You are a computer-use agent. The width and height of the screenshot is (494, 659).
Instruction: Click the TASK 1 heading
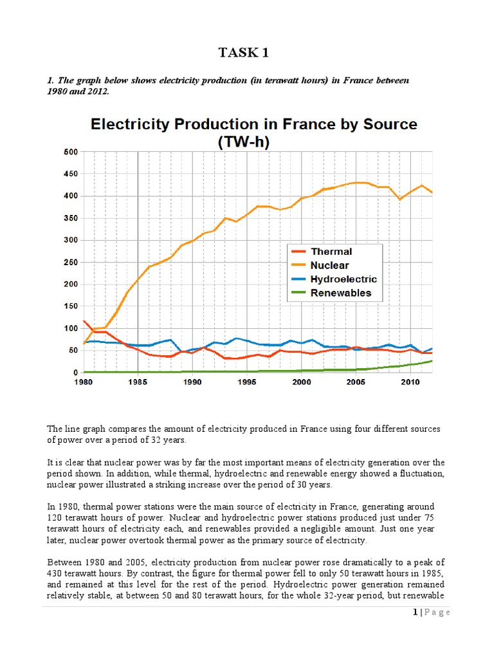tap(247, 53)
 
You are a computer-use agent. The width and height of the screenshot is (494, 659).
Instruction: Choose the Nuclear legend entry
tap(329, 265)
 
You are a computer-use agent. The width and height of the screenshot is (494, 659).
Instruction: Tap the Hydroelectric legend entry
tap(343, 279)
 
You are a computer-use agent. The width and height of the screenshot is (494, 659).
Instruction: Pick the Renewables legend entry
tap(340, 293)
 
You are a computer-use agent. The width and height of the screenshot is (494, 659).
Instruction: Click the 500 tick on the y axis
tap(70, 152)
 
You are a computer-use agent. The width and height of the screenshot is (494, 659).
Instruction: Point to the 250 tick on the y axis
tap(70, 262)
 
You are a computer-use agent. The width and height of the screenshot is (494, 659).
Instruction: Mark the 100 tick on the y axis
tap(70, 328)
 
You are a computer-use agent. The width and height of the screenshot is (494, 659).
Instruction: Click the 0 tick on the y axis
tap(75, 373)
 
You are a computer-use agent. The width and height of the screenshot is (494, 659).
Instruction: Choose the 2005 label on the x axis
tap(356, 382)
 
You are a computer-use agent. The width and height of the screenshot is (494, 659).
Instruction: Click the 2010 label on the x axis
tap(410, 382)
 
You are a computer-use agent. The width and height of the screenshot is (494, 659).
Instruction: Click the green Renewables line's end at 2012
tap(432, 361)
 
